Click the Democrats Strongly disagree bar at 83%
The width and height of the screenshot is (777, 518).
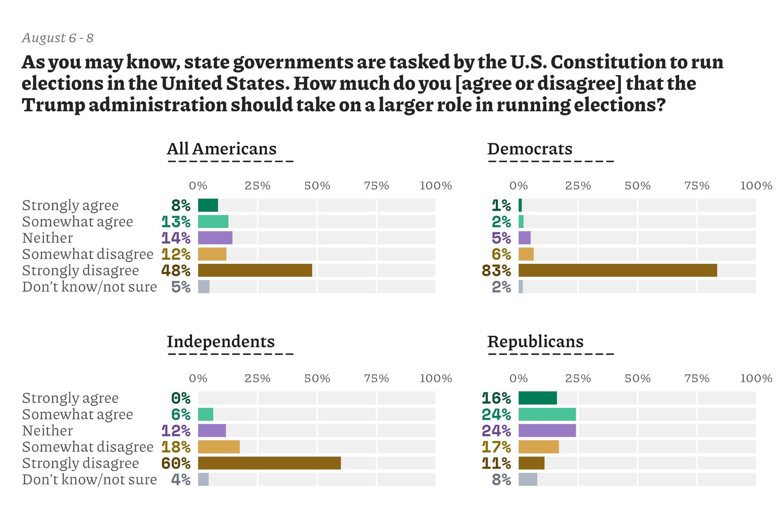click(x=617, y=270)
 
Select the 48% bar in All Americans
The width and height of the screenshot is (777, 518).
click(x=255, y=270)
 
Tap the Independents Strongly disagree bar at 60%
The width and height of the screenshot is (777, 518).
click(x=269, y=463)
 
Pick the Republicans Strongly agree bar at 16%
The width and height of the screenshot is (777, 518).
click(x=537, y=398)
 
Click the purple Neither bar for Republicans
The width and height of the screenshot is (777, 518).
click(x=547, y=430)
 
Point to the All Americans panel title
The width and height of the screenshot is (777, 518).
click(x=222, y=149)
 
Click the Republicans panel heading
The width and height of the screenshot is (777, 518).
click(x=535, y=342)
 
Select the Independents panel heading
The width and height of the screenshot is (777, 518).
click(x=220, y=342)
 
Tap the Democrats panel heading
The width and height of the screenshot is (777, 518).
click(x=529, y=149)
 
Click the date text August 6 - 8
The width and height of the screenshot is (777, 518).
click(x=58, y=38)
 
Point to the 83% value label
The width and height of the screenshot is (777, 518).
click(x=496, y=271)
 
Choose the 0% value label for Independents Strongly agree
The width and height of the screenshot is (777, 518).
click(x=181, y=398)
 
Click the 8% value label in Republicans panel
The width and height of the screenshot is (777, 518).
click(x=501, y=480)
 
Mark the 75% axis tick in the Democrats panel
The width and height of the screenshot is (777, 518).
click(x=697, y=186)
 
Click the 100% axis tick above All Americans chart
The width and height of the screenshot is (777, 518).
click(x=436, y=186)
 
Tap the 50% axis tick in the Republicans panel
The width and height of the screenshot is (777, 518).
click(x=637, y=378)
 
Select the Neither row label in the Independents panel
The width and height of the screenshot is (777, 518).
click(x=47, y=431)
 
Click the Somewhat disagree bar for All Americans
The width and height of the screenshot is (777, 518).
click(x=212, y=254)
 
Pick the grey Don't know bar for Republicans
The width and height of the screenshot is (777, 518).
click(x=528, y=479)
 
